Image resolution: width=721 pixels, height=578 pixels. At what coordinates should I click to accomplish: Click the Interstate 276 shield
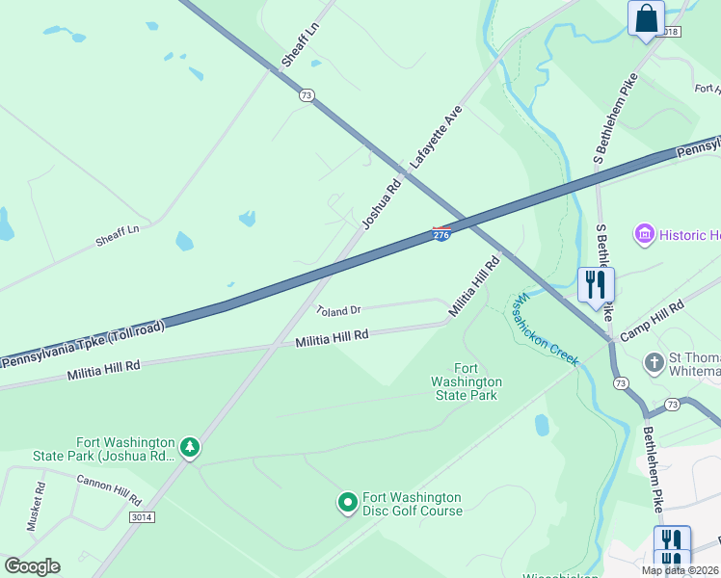point(441,234)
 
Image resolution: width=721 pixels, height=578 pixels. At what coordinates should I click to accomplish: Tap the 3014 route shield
point(141,517)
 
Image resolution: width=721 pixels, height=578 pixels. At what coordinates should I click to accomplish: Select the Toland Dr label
point(338,310)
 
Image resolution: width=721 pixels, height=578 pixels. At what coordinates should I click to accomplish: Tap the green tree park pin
point(191,447)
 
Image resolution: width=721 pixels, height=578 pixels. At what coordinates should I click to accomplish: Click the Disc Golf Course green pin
point(348,502)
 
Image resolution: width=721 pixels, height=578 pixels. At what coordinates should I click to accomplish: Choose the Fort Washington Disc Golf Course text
point(412,504)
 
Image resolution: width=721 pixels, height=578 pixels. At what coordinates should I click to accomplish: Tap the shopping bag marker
point(646,18)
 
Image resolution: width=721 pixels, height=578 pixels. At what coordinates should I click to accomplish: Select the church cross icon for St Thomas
point(654,363)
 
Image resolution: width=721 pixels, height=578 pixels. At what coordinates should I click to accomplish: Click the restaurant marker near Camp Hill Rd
point(596,283)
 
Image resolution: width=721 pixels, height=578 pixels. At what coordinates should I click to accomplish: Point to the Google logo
point(31,566)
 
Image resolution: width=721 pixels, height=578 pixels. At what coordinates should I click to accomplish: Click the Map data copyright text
point(680,570)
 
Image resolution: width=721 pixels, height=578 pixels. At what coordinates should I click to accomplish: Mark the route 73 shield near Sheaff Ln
point(307,94)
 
